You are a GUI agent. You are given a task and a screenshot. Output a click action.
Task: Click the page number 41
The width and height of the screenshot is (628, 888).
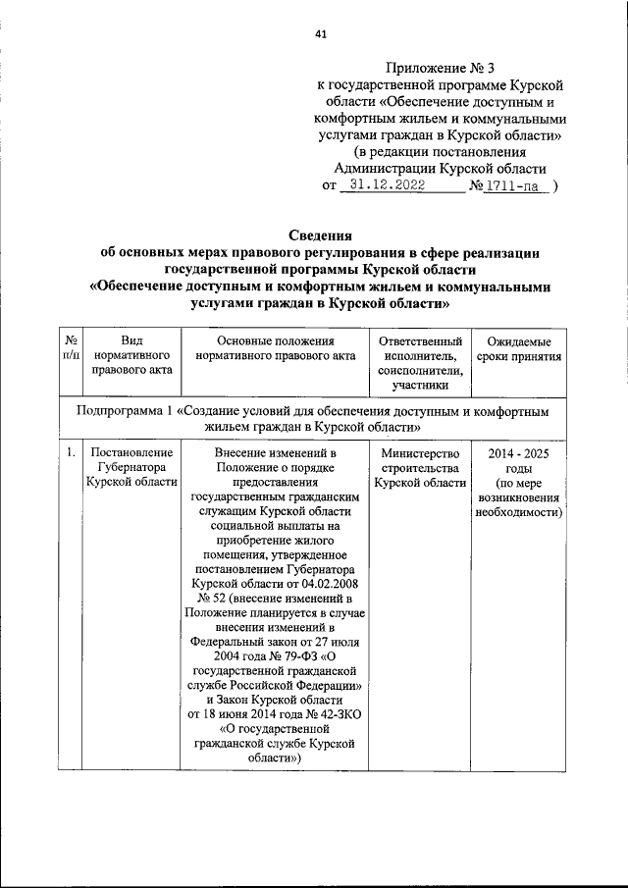[321, 35]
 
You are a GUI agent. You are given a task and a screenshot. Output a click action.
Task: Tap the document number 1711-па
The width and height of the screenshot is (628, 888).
[518, 183]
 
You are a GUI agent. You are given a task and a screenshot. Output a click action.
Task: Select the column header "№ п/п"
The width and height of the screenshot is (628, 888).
[72, 346]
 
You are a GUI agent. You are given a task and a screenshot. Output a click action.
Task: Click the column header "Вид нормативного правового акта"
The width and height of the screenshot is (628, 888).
[131, 354]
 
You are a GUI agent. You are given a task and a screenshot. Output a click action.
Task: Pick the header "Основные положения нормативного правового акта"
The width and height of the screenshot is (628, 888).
[267, 346]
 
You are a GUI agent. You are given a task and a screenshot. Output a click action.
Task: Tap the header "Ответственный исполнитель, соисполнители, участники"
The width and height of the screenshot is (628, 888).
[418, 362]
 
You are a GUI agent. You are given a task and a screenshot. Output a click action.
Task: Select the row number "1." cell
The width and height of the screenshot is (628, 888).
[72, 452]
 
